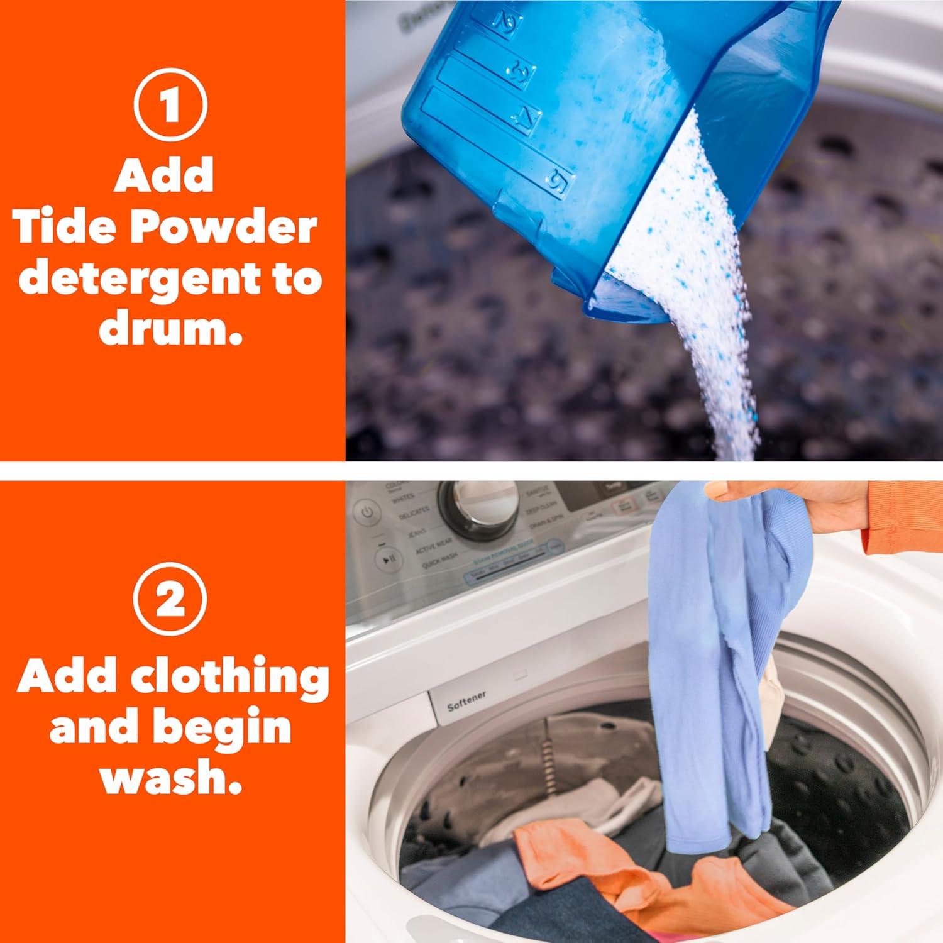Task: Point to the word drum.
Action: (170, 329)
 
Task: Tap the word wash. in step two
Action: (170, 778)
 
